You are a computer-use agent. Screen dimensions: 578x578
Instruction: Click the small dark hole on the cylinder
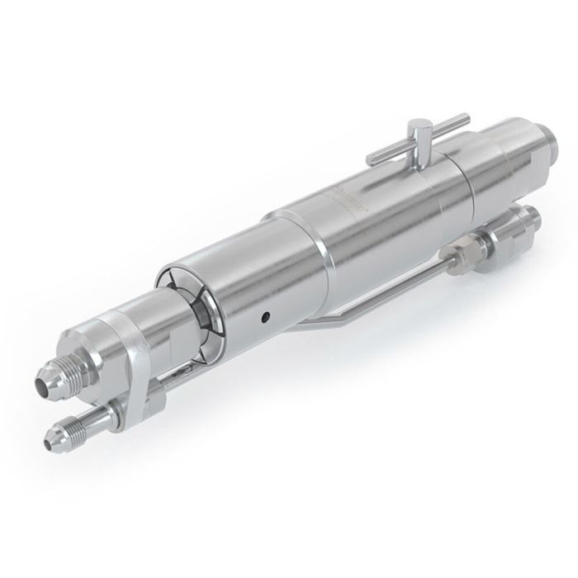point(265,315)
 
